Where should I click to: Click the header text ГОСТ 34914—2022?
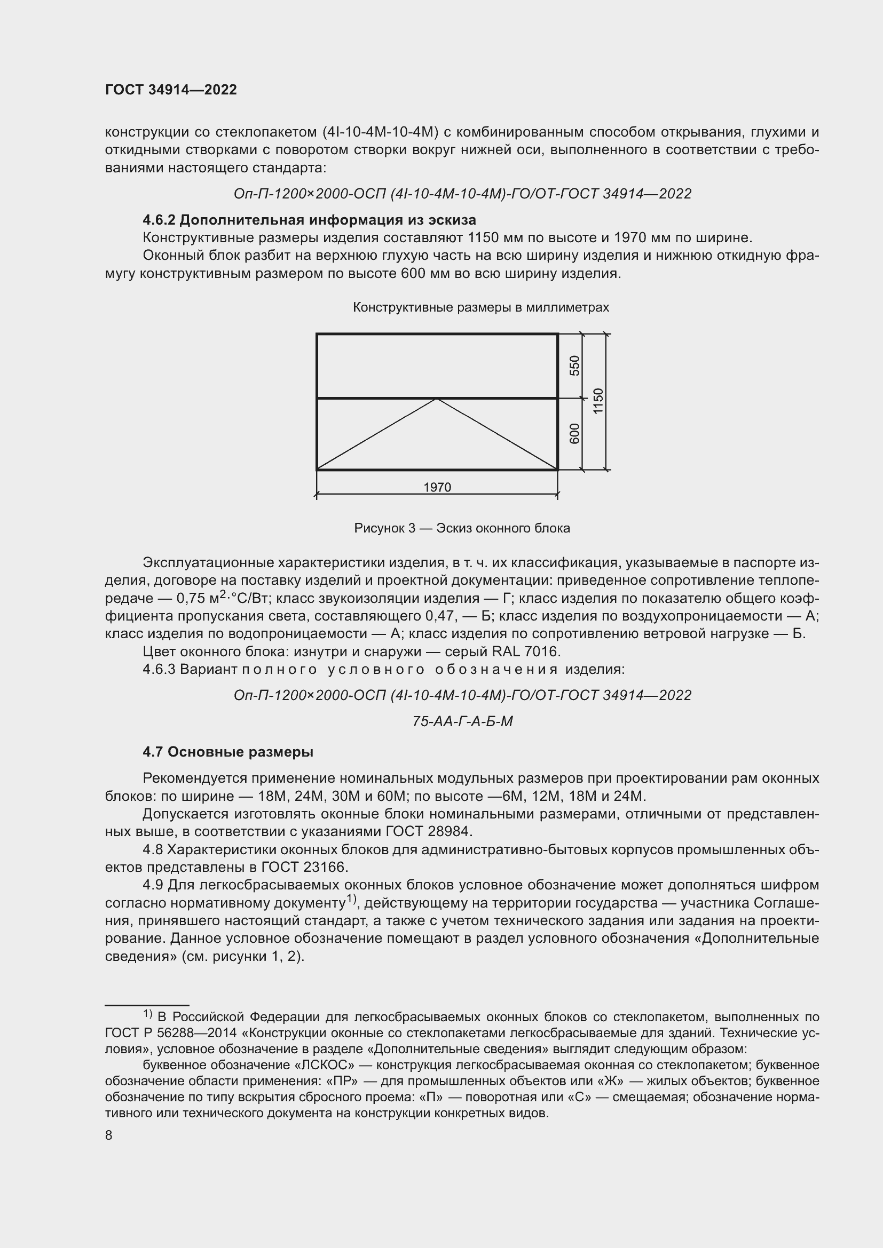[171, 90]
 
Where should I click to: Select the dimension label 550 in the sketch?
[575, 365]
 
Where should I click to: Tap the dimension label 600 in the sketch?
[575, 433]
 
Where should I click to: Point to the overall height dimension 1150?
[598, 401]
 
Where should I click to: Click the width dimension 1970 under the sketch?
[437, 487]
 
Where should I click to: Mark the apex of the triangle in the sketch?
[437, 399]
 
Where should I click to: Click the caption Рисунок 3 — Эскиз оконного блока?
[462, 528]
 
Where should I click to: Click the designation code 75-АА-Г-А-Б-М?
[462, 721]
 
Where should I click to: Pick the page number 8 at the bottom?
[109, 1135]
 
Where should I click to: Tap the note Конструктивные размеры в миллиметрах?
[480, 307]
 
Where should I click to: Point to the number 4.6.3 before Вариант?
[159, 669]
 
